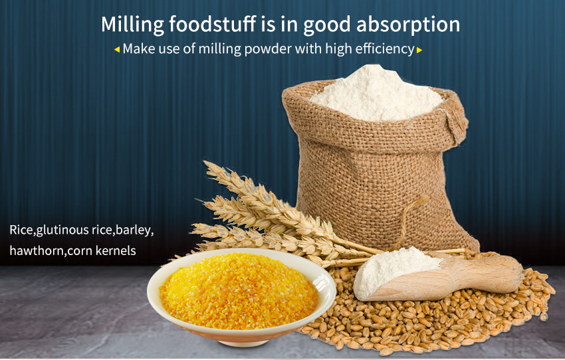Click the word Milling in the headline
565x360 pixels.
132,25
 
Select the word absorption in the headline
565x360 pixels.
408,25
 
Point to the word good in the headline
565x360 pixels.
327,25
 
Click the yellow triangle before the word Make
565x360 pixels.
117,50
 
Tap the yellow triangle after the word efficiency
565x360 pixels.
419,50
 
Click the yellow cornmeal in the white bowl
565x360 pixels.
239,290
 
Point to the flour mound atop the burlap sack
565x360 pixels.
376,94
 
